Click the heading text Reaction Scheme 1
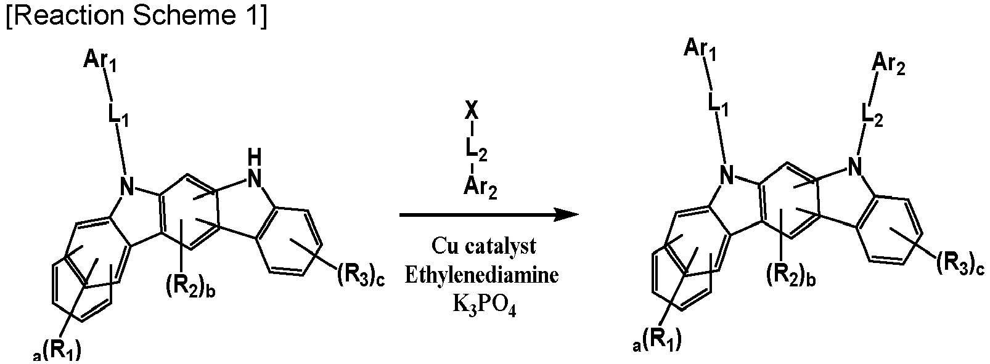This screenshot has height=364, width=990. click(x=137, y=17)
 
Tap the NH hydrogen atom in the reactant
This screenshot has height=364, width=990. click(x=255, y=158)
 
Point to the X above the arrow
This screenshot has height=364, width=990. click(x=472, y=112)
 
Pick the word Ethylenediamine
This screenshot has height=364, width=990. click(x=481, y=276)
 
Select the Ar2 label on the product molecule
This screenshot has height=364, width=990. click(x=889, y=65)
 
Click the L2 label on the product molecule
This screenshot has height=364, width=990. click(x=873, y=116)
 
